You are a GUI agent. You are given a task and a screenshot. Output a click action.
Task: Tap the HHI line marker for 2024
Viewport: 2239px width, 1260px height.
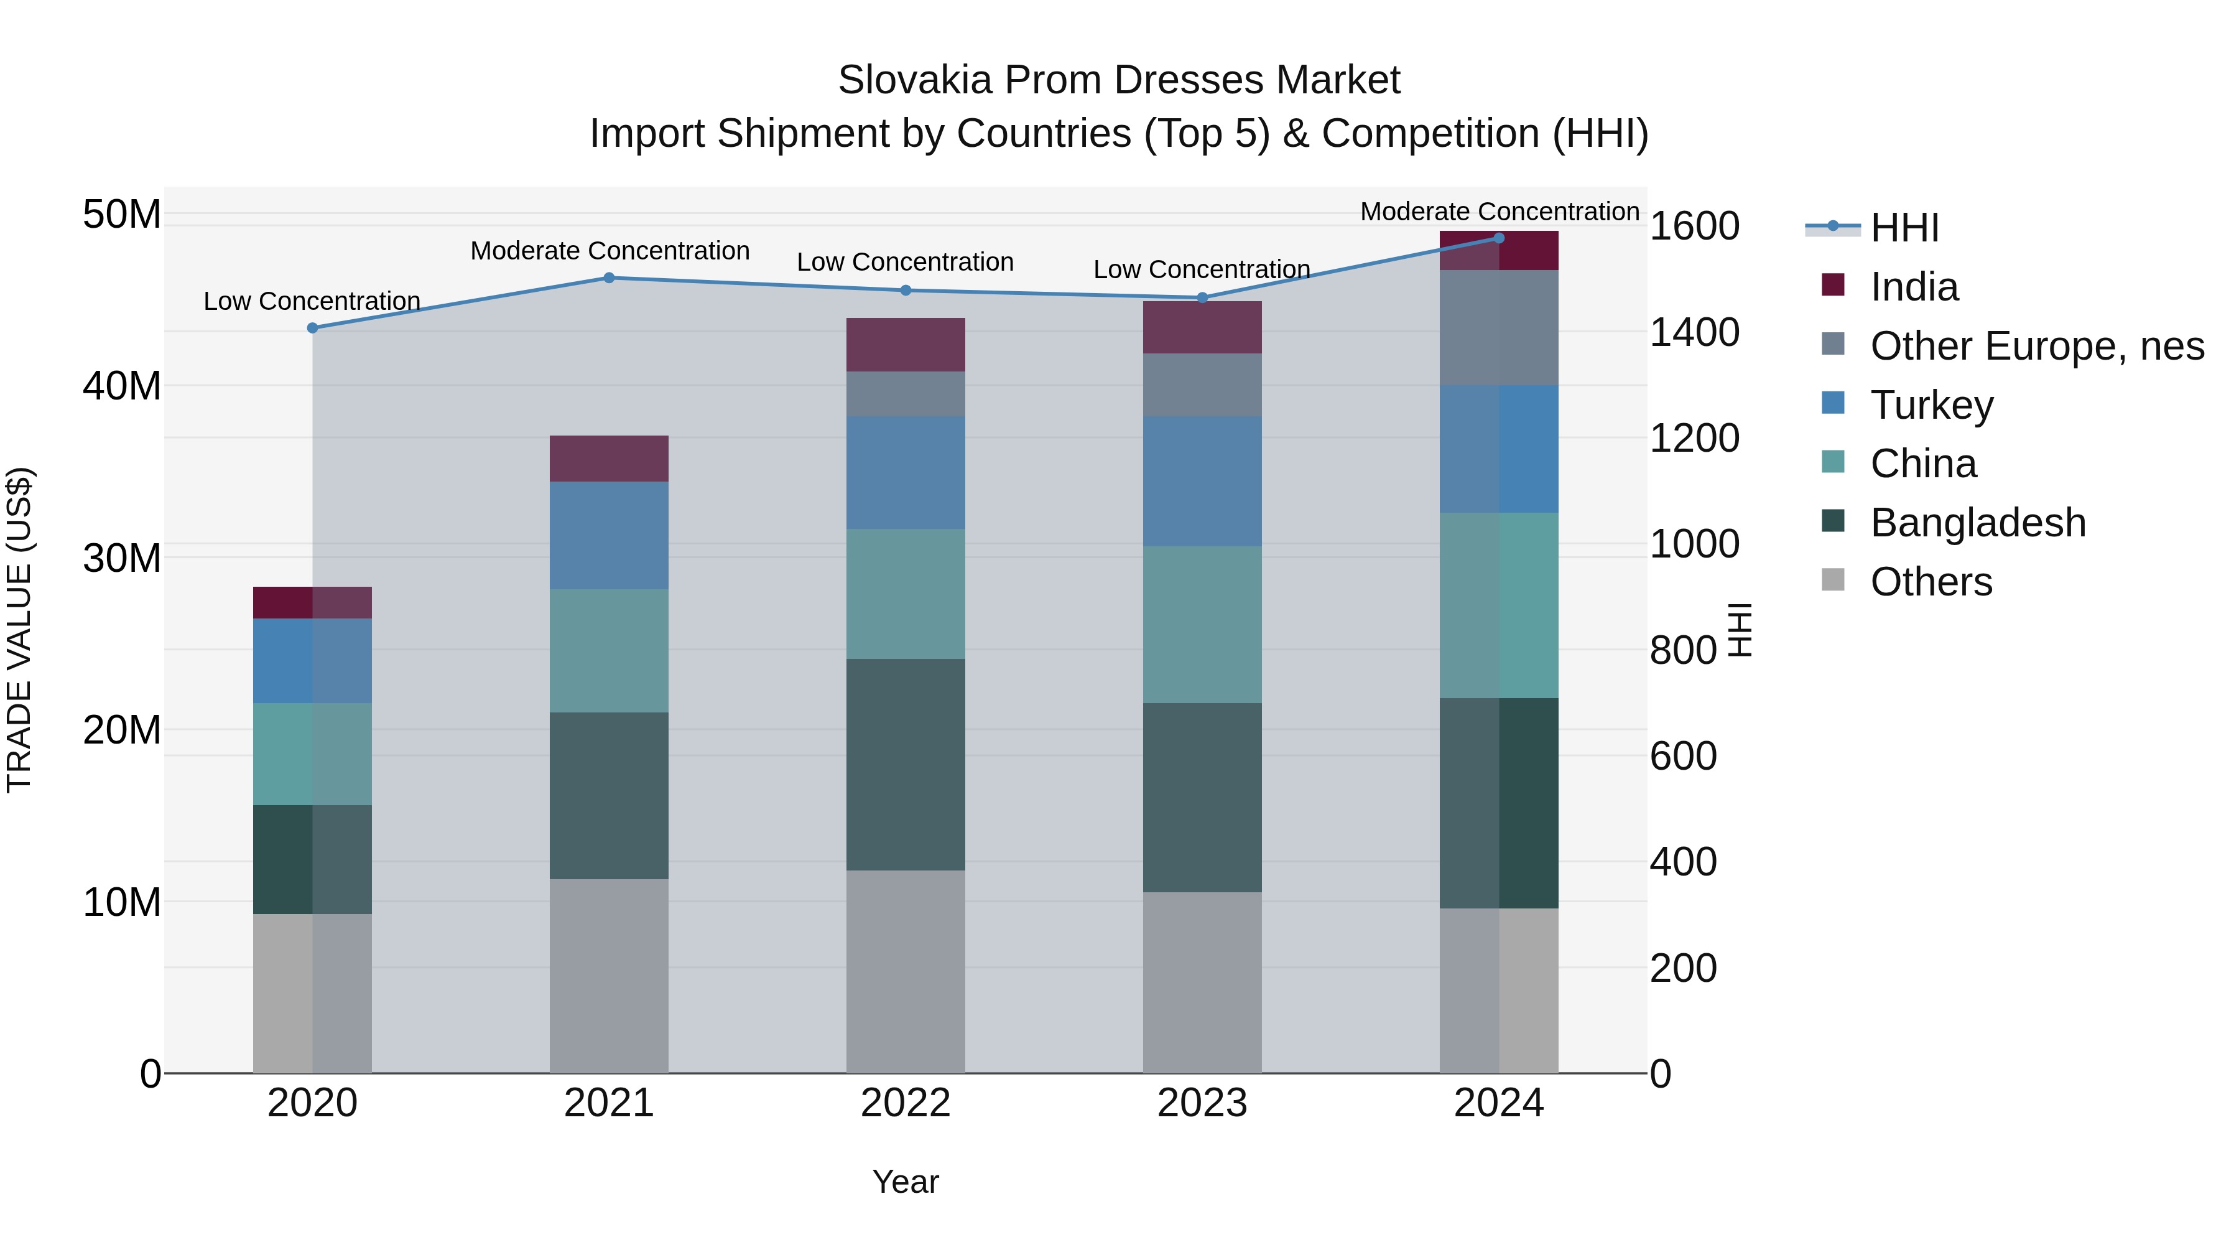[1498, 238]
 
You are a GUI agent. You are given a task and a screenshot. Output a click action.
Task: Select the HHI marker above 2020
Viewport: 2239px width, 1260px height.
[313, 328]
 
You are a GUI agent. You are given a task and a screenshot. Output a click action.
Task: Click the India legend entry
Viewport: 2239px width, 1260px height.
[1913, 287]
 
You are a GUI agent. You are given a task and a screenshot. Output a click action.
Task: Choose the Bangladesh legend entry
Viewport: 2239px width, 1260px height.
[1977, 523]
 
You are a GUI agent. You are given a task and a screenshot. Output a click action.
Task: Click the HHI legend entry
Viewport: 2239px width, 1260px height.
[1904, 228]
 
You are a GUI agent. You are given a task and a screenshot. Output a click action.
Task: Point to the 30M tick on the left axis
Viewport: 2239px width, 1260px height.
[122, 558]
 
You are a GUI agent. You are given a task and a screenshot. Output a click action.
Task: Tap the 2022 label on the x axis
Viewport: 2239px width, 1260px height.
[905, 1103]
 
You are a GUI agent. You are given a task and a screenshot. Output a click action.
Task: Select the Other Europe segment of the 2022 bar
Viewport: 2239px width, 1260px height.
[905, 394]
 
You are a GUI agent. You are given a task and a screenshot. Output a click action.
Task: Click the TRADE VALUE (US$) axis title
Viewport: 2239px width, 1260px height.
[19, 630]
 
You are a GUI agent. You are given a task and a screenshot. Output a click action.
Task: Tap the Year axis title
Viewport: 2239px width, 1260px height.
[905, 1182]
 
